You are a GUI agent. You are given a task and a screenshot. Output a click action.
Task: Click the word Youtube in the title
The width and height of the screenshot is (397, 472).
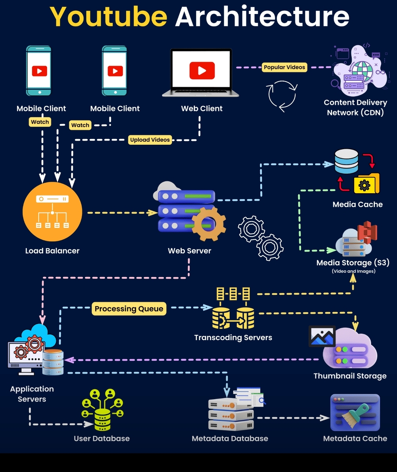point(108,17)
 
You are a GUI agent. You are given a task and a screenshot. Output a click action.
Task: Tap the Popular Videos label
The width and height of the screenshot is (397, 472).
point(285,67)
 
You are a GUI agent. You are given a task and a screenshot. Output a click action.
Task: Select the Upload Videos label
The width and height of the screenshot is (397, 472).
point(150,140)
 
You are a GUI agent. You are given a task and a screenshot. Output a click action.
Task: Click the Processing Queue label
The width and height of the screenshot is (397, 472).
point(129,309)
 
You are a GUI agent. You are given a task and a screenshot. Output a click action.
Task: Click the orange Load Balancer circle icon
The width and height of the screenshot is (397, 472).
point(52,212)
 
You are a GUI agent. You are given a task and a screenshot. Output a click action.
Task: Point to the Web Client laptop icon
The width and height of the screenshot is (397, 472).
point(201,73)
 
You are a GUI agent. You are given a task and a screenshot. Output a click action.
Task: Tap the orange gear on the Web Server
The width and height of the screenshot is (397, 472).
point(208,223)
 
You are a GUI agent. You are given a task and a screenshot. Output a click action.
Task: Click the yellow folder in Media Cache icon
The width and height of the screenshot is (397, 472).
point(366,184)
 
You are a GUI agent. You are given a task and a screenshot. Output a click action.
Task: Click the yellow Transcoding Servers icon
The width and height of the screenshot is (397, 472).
point(233,309)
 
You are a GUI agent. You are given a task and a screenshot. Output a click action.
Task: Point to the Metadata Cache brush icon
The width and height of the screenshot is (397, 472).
point(355,412)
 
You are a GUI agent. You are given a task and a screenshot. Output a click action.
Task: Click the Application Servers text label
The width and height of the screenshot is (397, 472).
point(32,394)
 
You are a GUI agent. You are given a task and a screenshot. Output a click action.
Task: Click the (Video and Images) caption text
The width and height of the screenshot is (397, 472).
point(354,271)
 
